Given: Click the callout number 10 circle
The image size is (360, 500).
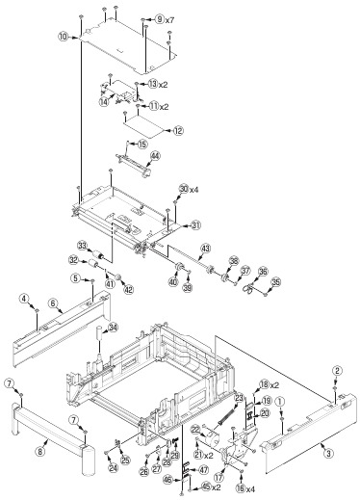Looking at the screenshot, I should click(x=63, y=37).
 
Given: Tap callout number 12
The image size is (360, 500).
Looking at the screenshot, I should click(x=178, y=129).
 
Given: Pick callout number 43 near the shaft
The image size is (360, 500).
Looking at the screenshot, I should click(x=204, y=249).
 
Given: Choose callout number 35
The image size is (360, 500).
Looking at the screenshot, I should click(x=276, y=282).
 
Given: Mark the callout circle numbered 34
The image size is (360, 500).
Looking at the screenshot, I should click(x=113, y=329).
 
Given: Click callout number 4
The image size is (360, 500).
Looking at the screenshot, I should click(x=25, y=300).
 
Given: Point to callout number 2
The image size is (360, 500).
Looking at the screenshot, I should click(x=338, y=370).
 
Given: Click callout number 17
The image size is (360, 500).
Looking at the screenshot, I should click(x=219, y=474).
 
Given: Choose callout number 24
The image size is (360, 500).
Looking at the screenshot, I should click(x=112, y=469).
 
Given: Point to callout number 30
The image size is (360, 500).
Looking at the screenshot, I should click(x=183, y=189).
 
